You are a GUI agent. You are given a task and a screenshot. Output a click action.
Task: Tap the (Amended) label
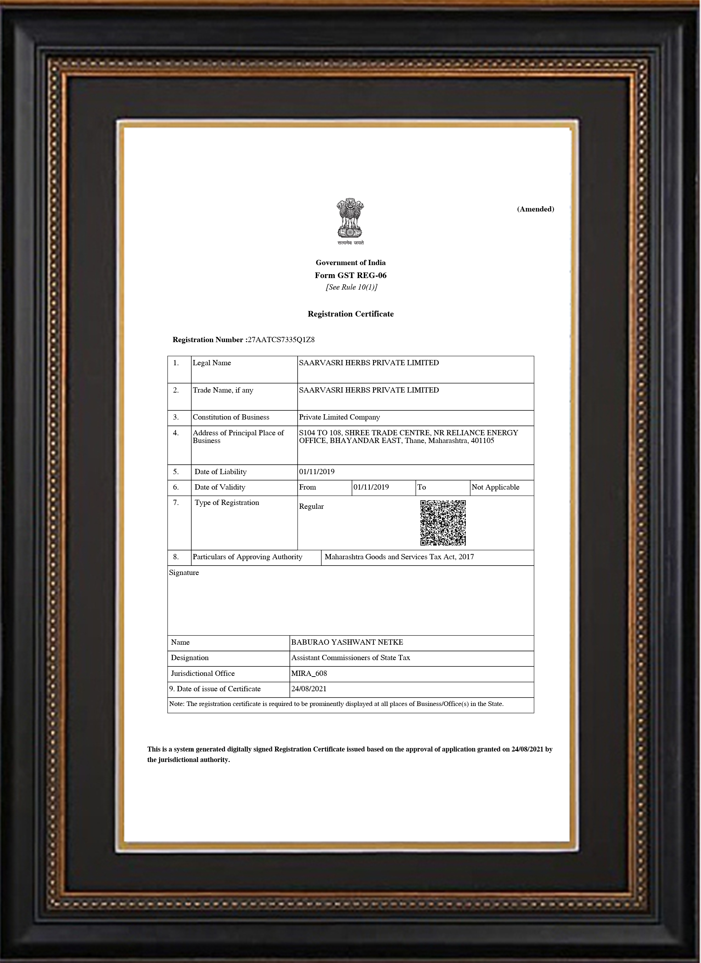click(x=535, y=209)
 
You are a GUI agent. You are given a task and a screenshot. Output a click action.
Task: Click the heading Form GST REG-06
click(x=350, y=275)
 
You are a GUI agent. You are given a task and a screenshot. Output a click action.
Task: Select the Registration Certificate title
click(x=350, y=314)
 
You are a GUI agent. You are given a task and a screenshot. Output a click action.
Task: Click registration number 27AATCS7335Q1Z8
click(x=281, y=340)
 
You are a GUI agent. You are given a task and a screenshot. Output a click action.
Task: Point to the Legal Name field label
click(x=212, y=362)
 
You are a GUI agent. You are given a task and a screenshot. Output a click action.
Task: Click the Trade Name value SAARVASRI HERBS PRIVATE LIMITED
click(x=369, y=390)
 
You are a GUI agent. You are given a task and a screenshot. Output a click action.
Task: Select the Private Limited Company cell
click(x=339, y=417)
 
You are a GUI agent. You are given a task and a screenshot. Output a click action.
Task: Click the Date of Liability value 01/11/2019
click(x=317, y=471)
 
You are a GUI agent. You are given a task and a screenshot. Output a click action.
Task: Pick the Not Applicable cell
click(x=495, y=487)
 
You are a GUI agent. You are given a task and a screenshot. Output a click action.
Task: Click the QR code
click(x=443, y=523)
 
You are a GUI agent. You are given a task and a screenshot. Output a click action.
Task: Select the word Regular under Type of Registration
click(x=311, y=506)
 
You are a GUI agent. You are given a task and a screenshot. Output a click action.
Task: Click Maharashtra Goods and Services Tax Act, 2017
click(x=399, y=557)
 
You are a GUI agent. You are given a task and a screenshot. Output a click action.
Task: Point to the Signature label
click(x=184, y=572)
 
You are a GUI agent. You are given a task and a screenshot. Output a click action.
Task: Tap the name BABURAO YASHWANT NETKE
click(x=347, y=642)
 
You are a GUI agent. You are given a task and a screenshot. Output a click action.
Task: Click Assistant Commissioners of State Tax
click(x=350, y=657)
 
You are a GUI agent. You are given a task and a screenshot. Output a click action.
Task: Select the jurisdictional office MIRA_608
click(x=309, y=673)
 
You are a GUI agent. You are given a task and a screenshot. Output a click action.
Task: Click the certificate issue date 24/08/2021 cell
click(x=309, y=689)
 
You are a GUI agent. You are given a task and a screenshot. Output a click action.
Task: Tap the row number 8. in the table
click(x=176, y=557)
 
